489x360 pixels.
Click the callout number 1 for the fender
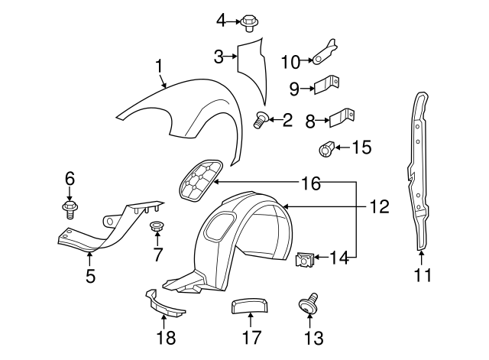pos(159,67)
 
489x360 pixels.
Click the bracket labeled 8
pos(342,117)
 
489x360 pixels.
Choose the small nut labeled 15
pos(325,148)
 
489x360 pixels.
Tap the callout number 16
pos(310,183)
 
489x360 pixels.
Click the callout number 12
pos(380,206)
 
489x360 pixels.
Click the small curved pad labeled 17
pos(247,308)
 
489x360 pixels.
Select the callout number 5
pos(90,276)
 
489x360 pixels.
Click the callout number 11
pos(422,275)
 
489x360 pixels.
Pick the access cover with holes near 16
pos(201,180)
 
